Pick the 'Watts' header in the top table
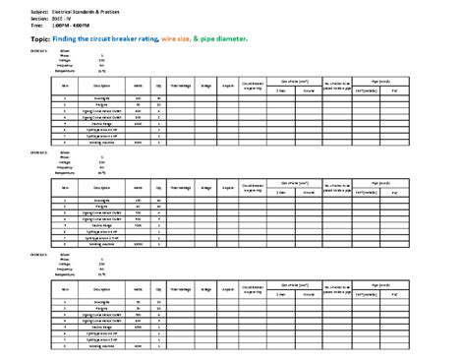(138, 86)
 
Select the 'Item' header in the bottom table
(65, 290)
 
